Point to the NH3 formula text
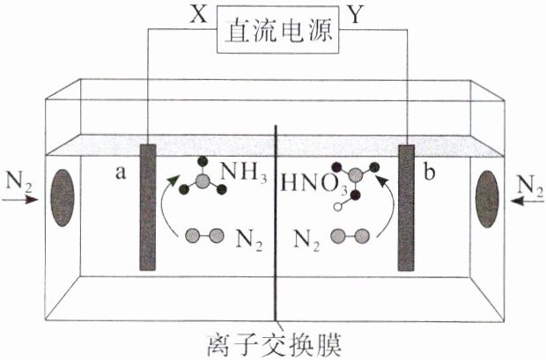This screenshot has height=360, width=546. tap(241, 173)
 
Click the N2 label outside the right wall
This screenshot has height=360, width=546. tap(527, 185)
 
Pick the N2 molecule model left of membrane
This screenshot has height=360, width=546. tap(203, 235)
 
